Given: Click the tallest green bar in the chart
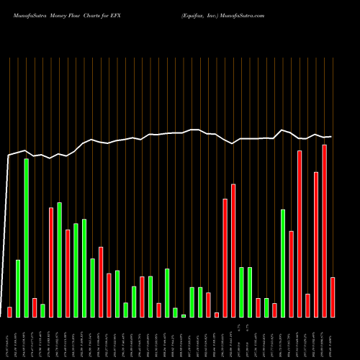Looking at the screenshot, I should pyautogui.click(x=26, y=238).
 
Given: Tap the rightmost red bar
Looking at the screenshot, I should pyautogui.click(x=333, y=297).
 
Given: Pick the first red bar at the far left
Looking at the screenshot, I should pyautogui.click(x=9, y=312).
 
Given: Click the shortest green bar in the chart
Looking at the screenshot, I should pyautogui.click(x=184, y=315).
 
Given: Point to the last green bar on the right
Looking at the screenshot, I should pyautogui.click(x=283, y=263).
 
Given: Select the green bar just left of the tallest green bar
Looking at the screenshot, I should pyautogui.click(x=18, y=288).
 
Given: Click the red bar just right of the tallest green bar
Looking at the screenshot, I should pyautogui.click(x=35, y=307).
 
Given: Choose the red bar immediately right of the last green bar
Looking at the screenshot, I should pyautogui.click(x=292, y=274).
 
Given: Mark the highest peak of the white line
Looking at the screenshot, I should pyautogui.click(x=283, y=130).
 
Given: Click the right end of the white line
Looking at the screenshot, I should pyautogui.click(x=331, y=136).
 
